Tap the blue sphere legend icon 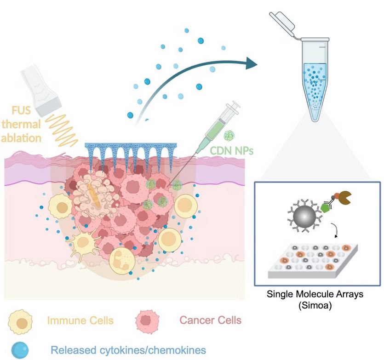coord(19,349)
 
